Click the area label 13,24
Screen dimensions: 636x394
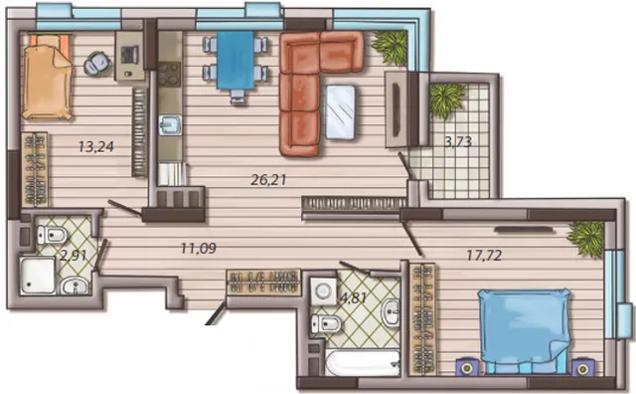(96, 146)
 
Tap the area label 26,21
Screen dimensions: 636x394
(268, 179)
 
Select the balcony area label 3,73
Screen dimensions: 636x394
(458, 141)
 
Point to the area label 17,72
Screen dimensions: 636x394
(484, 255)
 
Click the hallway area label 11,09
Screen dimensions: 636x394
(199, 248)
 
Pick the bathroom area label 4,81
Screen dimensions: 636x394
(354, 298)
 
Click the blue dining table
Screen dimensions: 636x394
(236, 60)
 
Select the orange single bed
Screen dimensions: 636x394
(47, 78)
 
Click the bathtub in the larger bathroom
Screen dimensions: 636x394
(363, 362)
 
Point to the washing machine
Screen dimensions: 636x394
(323, 291)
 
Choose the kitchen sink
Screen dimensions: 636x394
(170, 124)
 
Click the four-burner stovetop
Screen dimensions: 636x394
(169, 75)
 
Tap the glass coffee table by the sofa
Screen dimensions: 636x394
(341, 112)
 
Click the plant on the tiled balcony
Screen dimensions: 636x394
(446, 99)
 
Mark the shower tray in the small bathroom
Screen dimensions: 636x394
(38, 275)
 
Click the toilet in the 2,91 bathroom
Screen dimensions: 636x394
(52, 235)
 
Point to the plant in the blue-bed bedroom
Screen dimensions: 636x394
(586, 239)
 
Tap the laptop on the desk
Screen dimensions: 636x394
(130, 54)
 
